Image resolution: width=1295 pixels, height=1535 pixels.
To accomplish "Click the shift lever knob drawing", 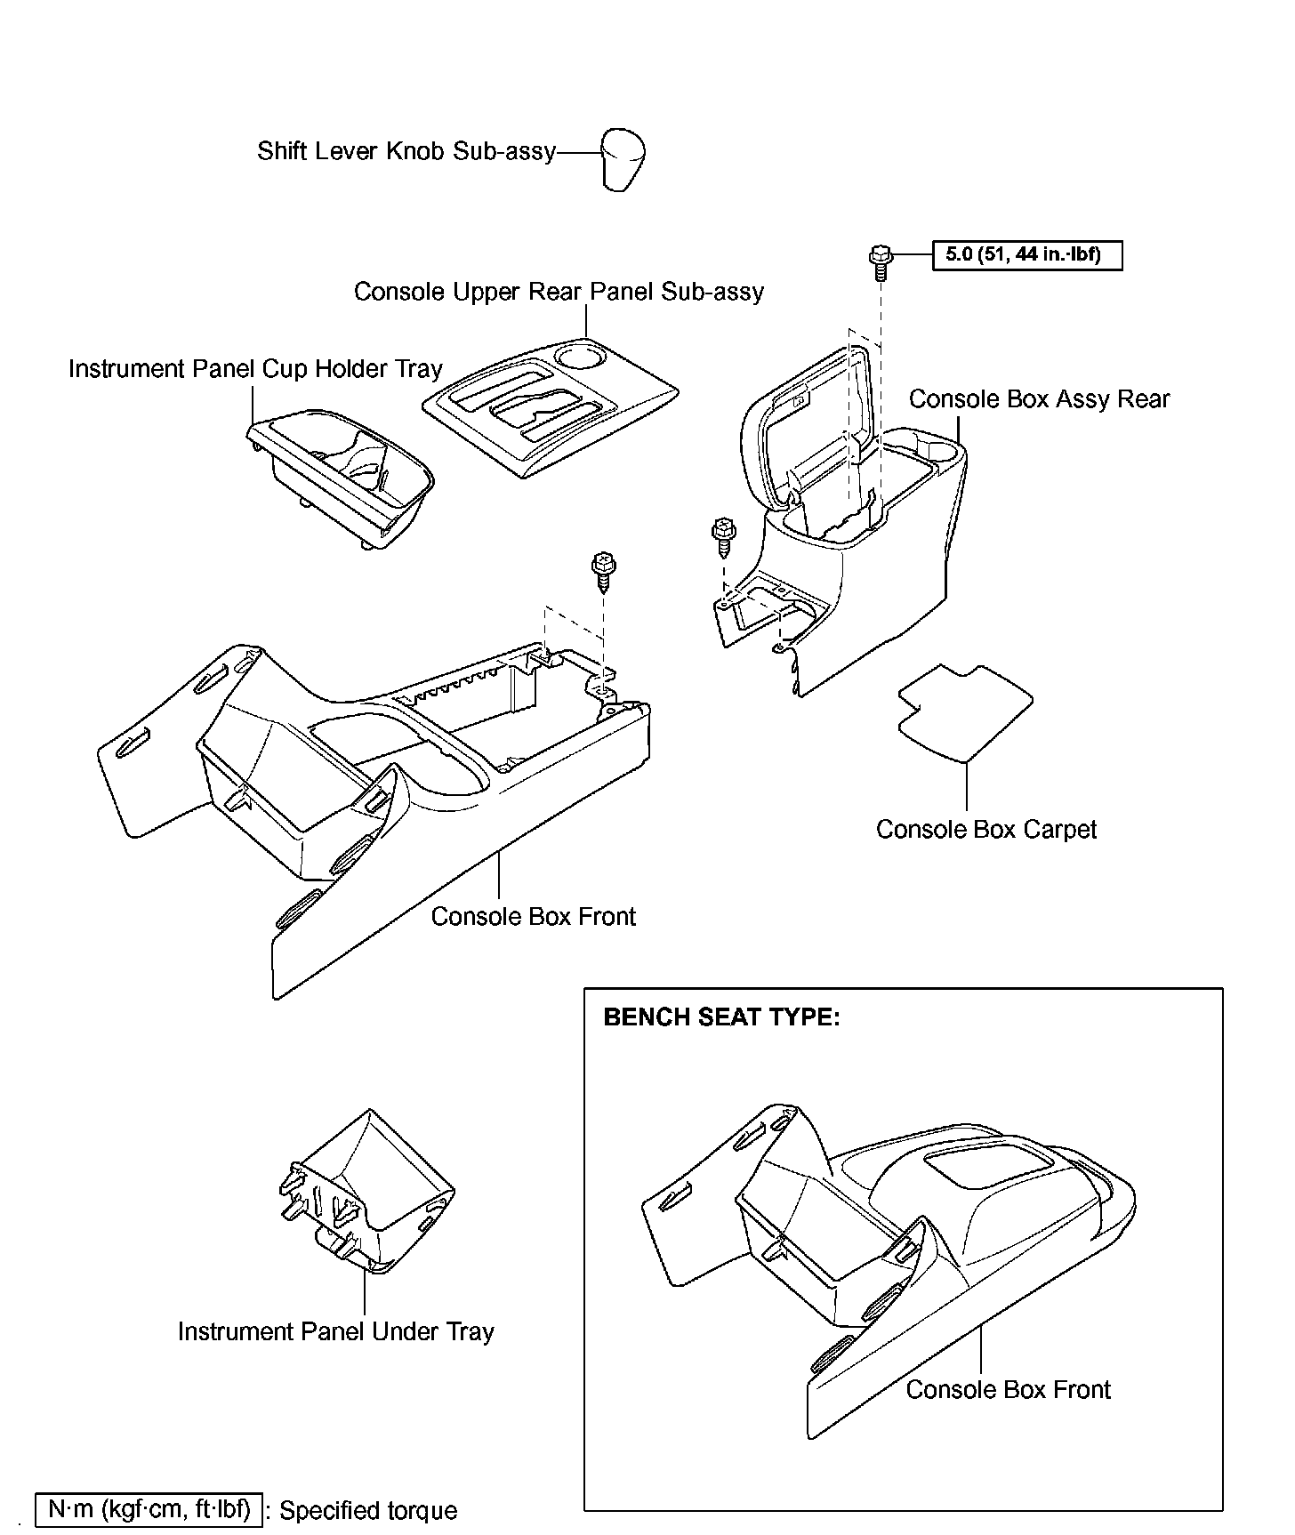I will (x=623, y=160).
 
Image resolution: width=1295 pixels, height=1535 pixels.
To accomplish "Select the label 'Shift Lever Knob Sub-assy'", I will (x=406, y=151).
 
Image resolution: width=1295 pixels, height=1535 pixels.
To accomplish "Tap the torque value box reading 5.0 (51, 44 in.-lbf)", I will (x=1027, y=255).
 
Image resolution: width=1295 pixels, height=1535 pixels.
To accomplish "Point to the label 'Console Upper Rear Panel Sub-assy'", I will (x=559, y=293).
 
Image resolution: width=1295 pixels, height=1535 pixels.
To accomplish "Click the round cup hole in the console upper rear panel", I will (x=580, y=358).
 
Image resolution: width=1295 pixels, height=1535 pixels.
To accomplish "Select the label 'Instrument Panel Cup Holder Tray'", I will (x=255, y=369).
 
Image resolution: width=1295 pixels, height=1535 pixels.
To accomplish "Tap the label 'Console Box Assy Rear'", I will (x=1039, y=399).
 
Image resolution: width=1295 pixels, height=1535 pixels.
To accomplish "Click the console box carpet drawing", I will (x=965, y=711).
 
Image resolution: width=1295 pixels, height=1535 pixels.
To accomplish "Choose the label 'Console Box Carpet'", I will (x=986, y=830).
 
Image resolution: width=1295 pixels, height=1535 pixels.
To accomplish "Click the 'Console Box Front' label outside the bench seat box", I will (x=533, y=917).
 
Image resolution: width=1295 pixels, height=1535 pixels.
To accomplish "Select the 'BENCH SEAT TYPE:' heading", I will (x=721, y=1017).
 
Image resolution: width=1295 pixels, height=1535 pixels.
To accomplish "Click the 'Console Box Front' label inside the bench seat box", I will (x=1008, y=1390).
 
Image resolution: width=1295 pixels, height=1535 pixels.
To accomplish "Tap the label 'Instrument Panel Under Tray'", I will (x=335, y=1332).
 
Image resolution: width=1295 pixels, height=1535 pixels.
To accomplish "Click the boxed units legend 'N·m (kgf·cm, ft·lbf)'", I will (x=149, y=1509).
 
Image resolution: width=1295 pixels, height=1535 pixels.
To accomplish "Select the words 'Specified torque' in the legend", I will (x=368, y=1511).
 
